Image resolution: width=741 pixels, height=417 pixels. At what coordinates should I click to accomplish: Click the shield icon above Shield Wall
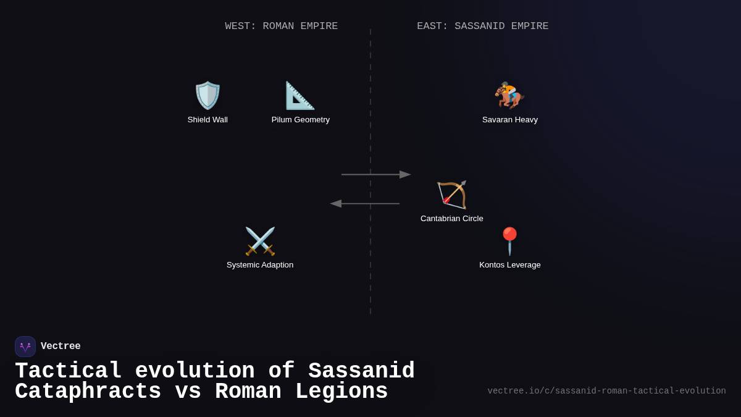(207, 96)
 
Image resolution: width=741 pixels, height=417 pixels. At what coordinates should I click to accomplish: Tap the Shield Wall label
(207, 120)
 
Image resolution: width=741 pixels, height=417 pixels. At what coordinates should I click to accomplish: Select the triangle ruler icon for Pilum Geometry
(300, 96)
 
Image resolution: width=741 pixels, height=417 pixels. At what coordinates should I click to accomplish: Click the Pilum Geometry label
(301, 120)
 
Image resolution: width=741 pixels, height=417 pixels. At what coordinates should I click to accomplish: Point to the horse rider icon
(509, 95)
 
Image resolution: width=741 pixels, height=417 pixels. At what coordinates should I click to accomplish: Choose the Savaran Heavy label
(510, 120)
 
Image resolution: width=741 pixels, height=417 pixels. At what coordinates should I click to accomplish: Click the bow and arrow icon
(452, 195)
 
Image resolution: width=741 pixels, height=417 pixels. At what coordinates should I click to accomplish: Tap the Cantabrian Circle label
(452, 219)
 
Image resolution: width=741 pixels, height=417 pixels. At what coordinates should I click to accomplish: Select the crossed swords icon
(260, 241)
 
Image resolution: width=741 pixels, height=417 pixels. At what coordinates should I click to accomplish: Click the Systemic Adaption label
(260, 265)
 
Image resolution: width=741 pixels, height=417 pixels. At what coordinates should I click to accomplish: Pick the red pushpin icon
(509, 241)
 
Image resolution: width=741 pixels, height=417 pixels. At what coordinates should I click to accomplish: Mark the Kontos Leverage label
(510, 265)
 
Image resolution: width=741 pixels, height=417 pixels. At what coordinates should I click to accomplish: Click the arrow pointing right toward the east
(376, 175)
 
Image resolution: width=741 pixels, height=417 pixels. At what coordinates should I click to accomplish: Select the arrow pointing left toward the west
(364, 204)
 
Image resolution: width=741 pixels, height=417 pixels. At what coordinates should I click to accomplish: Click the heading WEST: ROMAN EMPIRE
(282, 27)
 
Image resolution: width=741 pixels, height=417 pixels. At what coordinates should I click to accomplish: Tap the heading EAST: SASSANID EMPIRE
(483, 27)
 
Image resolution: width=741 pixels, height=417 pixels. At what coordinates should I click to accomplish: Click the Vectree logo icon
(25, 347)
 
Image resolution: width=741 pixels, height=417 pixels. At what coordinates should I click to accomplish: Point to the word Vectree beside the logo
(61, 347)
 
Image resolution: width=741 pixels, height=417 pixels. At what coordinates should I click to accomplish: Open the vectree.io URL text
(606, 391)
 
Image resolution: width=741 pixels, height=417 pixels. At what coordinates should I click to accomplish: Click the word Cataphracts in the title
(88, 392)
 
